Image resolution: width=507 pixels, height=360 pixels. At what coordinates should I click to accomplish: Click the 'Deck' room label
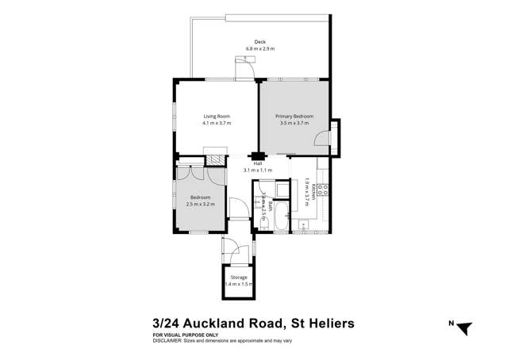[x=259, y=42]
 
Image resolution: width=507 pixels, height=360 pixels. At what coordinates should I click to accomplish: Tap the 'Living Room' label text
[x=217, y=117]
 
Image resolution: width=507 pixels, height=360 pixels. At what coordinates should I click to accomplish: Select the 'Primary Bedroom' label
[x=294, y=117]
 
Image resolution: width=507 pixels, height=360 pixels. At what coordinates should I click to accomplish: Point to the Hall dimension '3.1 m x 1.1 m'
[x=257, y=170]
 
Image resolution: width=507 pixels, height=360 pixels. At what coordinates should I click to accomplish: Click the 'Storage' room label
[x=239, y=277]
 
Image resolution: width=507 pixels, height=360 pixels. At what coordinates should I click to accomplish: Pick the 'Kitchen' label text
[x=314, y=193]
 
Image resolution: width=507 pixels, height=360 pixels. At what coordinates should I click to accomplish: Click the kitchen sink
[x=304, y=226]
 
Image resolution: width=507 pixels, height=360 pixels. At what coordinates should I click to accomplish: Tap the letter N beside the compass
[x=450, y=323]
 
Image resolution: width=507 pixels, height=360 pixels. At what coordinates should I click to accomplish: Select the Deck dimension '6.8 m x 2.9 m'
[x=259, y=49]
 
